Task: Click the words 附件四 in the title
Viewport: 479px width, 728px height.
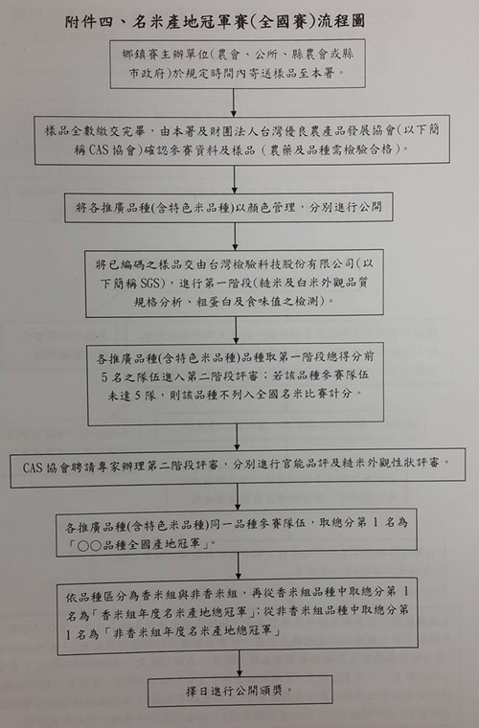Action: pos(89,21)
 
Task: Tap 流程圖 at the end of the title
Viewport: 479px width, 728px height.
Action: pos(342,21)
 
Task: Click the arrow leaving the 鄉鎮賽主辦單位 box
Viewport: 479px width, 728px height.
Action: pos(234,102)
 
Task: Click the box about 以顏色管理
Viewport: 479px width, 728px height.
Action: pos(229,208)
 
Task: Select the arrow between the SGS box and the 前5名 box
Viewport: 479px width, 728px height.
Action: pos(236,330)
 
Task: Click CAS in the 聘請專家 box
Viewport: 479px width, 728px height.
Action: pos(33,467)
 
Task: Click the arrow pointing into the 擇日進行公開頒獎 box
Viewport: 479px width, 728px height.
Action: pos(239,663)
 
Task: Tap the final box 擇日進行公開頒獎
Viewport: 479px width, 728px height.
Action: pos(239,692)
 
